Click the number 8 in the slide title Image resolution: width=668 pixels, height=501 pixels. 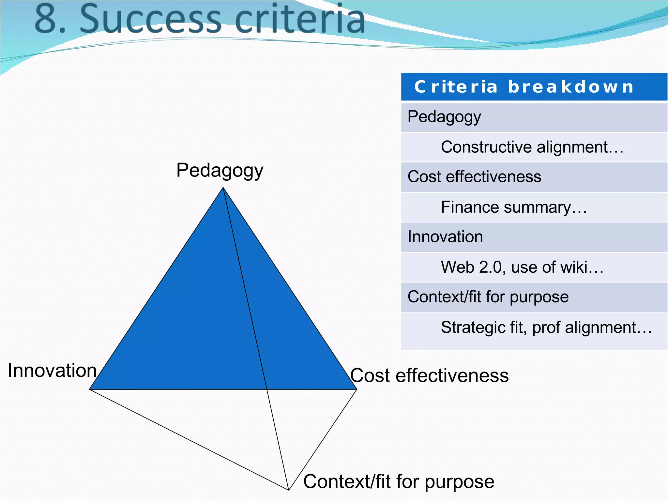coord(46,19)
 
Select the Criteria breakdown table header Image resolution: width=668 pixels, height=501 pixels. coord(524,87)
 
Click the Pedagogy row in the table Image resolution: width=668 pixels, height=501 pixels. coord(444,117)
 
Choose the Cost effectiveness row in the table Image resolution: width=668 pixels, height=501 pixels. coord(474,177)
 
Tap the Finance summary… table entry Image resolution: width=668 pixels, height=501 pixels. coord(514,207)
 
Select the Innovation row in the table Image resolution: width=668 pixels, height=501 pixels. coord(445,237)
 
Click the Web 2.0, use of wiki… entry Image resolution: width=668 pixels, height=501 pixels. coord(522,267)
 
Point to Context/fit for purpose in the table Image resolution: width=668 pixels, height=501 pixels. coord(488,297)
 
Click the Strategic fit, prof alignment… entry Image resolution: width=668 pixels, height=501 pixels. coord(546,327)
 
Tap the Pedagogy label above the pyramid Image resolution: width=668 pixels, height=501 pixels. coord(220,171)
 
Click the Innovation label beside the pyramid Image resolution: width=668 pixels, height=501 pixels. coord(52,371)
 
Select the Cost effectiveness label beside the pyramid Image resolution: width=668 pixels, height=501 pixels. coord(429,375)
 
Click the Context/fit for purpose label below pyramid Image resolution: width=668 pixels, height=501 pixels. coord(399,482)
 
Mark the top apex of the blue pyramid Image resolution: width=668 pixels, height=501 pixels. coord(223,188)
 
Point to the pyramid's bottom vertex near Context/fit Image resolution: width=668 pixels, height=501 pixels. coord(289,490)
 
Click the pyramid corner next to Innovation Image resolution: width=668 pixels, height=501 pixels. coord(90,389)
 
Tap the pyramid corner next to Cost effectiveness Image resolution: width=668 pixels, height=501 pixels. coord(356,389)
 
